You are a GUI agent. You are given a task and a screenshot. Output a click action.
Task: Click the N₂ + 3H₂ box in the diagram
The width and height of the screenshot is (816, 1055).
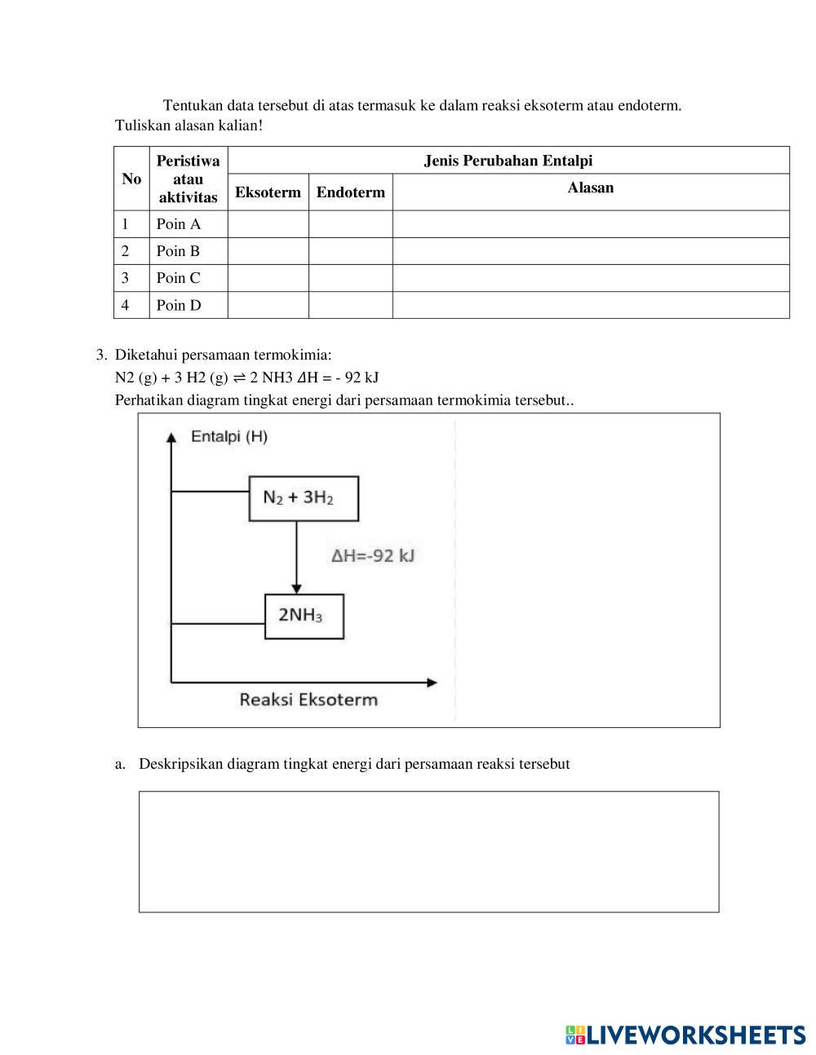[303, 498]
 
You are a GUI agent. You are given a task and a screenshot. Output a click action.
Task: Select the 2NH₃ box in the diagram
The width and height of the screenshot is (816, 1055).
[304, 616]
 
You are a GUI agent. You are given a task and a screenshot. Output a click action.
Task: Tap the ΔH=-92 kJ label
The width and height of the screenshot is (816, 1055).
[373, 556]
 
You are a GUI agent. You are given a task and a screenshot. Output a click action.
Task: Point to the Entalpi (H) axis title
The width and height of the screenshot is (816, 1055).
[229, 436]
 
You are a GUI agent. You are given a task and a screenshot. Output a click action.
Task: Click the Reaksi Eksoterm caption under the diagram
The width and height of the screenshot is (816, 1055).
[308, 700]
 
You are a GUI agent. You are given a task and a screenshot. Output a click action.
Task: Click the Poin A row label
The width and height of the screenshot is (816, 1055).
[178, 224]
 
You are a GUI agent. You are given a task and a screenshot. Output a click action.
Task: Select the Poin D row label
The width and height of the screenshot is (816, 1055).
[179, 306]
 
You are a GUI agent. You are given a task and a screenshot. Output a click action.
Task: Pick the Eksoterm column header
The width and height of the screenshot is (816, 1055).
[268, 192]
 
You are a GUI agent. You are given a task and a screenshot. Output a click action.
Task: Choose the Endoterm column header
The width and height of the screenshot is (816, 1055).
[350, 192]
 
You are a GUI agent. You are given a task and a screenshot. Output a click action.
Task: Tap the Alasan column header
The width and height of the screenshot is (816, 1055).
[590, 188]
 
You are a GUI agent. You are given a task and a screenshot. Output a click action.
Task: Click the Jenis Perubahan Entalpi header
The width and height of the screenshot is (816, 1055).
[508, 161]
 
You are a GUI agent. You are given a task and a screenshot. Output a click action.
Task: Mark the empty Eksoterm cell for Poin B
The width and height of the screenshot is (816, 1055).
[268, 251]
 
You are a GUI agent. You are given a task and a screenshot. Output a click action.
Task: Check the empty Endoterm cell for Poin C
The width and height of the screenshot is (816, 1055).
[350, 278]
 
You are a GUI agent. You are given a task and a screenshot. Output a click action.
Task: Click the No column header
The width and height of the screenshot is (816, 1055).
[131, 179]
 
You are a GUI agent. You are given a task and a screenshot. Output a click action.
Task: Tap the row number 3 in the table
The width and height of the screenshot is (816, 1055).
[125, 278]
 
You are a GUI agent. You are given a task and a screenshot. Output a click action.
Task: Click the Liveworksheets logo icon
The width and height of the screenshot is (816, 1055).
[574, 1035]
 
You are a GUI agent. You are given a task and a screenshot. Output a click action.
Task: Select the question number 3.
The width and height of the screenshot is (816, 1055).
[100, 355]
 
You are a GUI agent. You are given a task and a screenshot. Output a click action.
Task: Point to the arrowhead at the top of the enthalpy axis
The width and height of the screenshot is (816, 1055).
[171, 438]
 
